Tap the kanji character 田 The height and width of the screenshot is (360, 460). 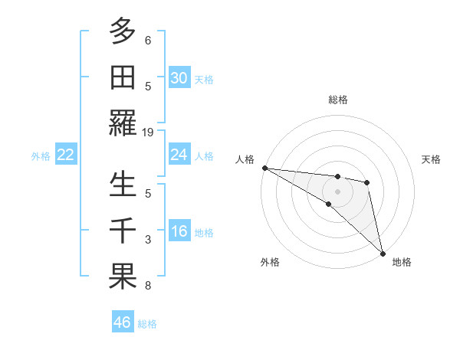click(x=123, y=77)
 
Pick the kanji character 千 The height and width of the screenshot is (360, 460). click(x=123, y=230)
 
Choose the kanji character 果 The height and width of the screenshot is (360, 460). click(x=123, y=277)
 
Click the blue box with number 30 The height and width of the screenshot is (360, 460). click(x=179, y=78)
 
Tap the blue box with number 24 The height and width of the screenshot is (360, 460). click(x=179, y=155)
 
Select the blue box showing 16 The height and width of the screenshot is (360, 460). click(x=179, y=231)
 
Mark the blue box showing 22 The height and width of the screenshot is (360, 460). click(x=66, y=155)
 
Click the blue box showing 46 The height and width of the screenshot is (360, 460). click(x=123, y=322)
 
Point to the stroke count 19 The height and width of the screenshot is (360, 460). click(x=148, y=133)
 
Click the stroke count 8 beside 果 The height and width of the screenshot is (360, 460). click(x=148, y=286)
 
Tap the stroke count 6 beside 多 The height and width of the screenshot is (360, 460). click(x=148, y=40)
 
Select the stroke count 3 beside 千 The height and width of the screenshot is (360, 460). click(x=148, y=240)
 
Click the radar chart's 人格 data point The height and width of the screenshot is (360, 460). click(x=264, y=168)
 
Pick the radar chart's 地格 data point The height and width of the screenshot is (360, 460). click(x=383, y=252)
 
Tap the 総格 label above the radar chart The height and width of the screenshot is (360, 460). click(x=338, y=100)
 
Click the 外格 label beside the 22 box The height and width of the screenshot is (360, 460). click(x=41, y=156)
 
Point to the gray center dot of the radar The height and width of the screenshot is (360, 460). click(x=337, y=189)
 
